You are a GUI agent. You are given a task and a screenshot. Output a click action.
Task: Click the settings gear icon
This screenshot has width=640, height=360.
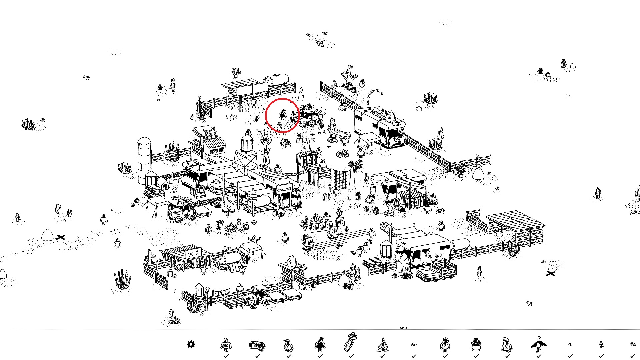[191, 344]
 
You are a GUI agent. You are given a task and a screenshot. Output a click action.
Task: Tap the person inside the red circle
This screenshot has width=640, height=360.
[282, 115]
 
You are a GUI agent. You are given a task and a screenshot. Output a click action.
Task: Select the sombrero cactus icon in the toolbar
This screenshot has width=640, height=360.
[351, 342]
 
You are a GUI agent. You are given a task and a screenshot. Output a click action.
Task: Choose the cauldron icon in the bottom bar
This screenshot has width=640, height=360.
[476, 344]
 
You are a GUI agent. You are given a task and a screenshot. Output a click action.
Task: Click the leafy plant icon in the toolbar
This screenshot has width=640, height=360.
[382, 345]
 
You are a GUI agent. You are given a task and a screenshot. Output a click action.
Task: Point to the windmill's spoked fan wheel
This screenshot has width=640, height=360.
[266, 140]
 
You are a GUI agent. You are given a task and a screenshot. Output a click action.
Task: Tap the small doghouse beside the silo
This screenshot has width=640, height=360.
[162, 183]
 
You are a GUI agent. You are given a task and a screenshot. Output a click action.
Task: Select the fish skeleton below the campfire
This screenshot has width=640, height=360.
[228, 235]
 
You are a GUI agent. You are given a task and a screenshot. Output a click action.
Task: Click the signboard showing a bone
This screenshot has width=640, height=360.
[284, 190]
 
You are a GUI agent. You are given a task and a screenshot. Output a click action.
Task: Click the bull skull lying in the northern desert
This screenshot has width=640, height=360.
[320, 43]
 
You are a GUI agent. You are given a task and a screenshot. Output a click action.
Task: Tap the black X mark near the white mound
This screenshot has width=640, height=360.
[60, 237]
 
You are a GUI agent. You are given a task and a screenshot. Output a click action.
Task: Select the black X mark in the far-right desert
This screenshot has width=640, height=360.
[550, 274]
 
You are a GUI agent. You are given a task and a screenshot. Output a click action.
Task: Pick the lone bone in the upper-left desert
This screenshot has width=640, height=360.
[87, 77]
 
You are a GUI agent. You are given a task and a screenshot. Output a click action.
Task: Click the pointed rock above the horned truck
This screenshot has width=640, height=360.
[301, 95]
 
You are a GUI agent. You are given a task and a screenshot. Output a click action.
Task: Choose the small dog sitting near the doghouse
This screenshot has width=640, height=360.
[173, 190]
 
